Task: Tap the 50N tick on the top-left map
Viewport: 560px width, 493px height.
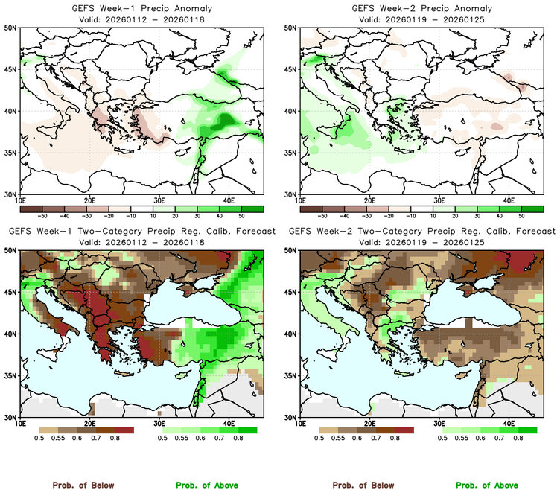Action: point(13,28)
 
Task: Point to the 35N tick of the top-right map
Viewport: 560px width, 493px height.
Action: point(292,153)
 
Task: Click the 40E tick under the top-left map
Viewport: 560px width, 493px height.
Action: point(228,201)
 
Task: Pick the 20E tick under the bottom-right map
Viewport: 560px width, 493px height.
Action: point(369,424)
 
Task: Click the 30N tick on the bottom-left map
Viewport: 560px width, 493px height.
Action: point(13,417)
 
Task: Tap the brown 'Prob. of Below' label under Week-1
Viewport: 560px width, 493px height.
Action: point(83,485)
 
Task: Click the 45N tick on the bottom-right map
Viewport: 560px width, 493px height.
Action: point(292,293)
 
